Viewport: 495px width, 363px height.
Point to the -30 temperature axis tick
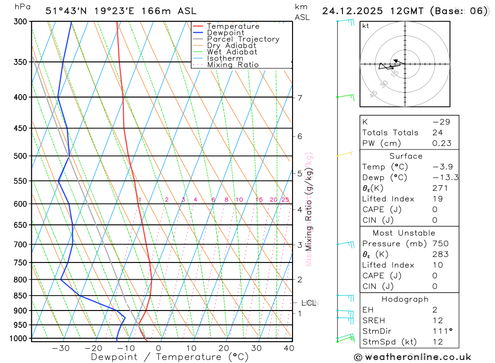[61, 348]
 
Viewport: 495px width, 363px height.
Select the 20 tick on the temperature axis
[224, 348]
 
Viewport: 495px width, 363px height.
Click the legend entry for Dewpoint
[226, 33]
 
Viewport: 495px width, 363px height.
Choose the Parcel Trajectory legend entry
[243, 39]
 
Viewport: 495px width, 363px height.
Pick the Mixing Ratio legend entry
[233, 65]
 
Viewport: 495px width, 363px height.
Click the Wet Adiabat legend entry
[232, 52]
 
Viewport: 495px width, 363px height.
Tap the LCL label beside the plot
[309, 303]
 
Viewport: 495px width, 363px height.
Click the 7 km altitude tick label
[300, 98]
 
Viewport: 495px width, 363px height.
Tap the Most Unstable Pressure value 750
[440, 244]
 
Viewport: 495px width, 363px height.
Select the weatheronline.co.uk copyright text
[413, 357]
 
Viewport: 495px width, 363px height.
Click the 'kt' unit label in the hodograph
[366, 26]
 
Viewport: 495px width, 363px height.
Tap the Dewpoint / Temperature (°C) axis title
[169, 357]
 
